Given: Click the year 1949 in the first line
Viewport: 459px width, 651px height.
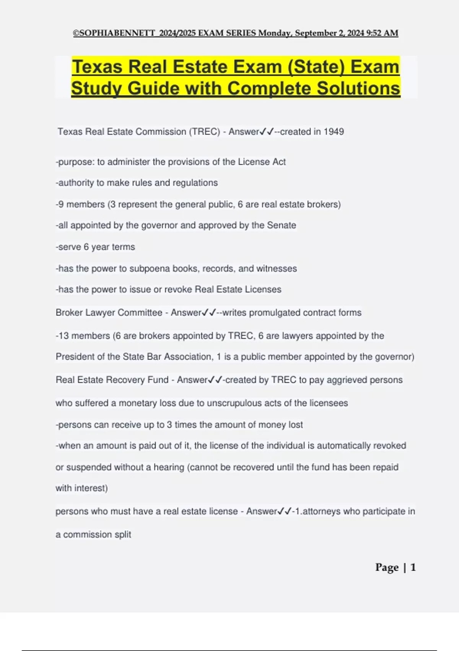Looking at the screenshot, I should [334, 132].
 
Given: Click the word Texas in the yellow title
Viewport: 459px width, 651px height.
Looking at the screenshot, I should [98, 67].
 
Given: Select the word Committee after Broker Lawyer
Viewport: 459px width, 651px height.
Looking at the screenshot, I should [140, 312].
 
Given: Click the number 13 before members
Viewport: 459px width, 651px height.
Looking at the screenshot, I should [63, 336].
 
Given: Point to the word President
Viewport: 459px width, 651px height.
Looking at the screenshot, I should [75, 357].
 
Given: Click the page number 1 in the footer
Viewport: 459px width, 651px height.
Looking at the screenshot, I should [413, 567].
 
